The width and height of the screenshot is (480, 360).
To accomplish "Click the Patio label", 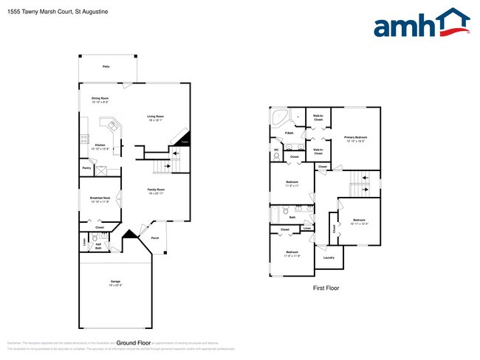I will tap(106, 66).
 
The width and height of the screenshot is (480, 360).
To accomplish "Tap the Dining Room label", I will tap(100, 100).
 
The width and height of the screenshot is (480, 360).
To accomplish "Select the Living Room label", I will tap(155, 118).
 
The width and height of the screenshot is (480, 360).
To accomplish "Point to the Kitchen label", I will tap(100, 146).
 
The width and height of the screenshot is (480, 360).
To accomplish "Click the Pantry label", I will tap(86, 168).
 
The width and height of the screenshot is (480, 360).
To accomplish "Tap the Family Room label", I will tap(155, 191).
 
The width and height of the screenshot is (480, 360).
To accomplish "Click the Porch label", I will tap(155, 238).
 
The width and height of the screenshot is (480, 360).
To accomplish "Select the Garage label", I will tap(115, 283).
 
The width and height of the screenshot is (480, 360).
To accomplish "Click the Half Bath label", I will tap(98, 247).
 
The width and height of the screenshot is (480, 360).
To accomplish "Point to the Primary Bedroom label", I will tap(355, 139).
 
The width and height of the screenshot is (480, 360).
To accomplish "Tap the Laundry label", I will tap(329, 257).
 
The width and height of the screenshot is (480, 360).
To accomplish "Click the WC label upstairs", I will tap(276, 150).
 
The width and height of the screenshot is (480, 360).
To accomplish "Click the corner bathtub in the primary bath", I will tap(281, 119).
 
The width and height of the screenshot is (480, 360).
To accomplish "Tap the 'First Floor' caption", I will tap(326, 288).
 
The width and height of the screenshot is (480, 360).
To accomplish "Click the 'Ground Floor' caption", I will tap(134, 343).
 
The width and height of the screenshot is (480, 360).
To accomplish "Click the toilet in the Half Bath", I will tap(103, 238).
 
